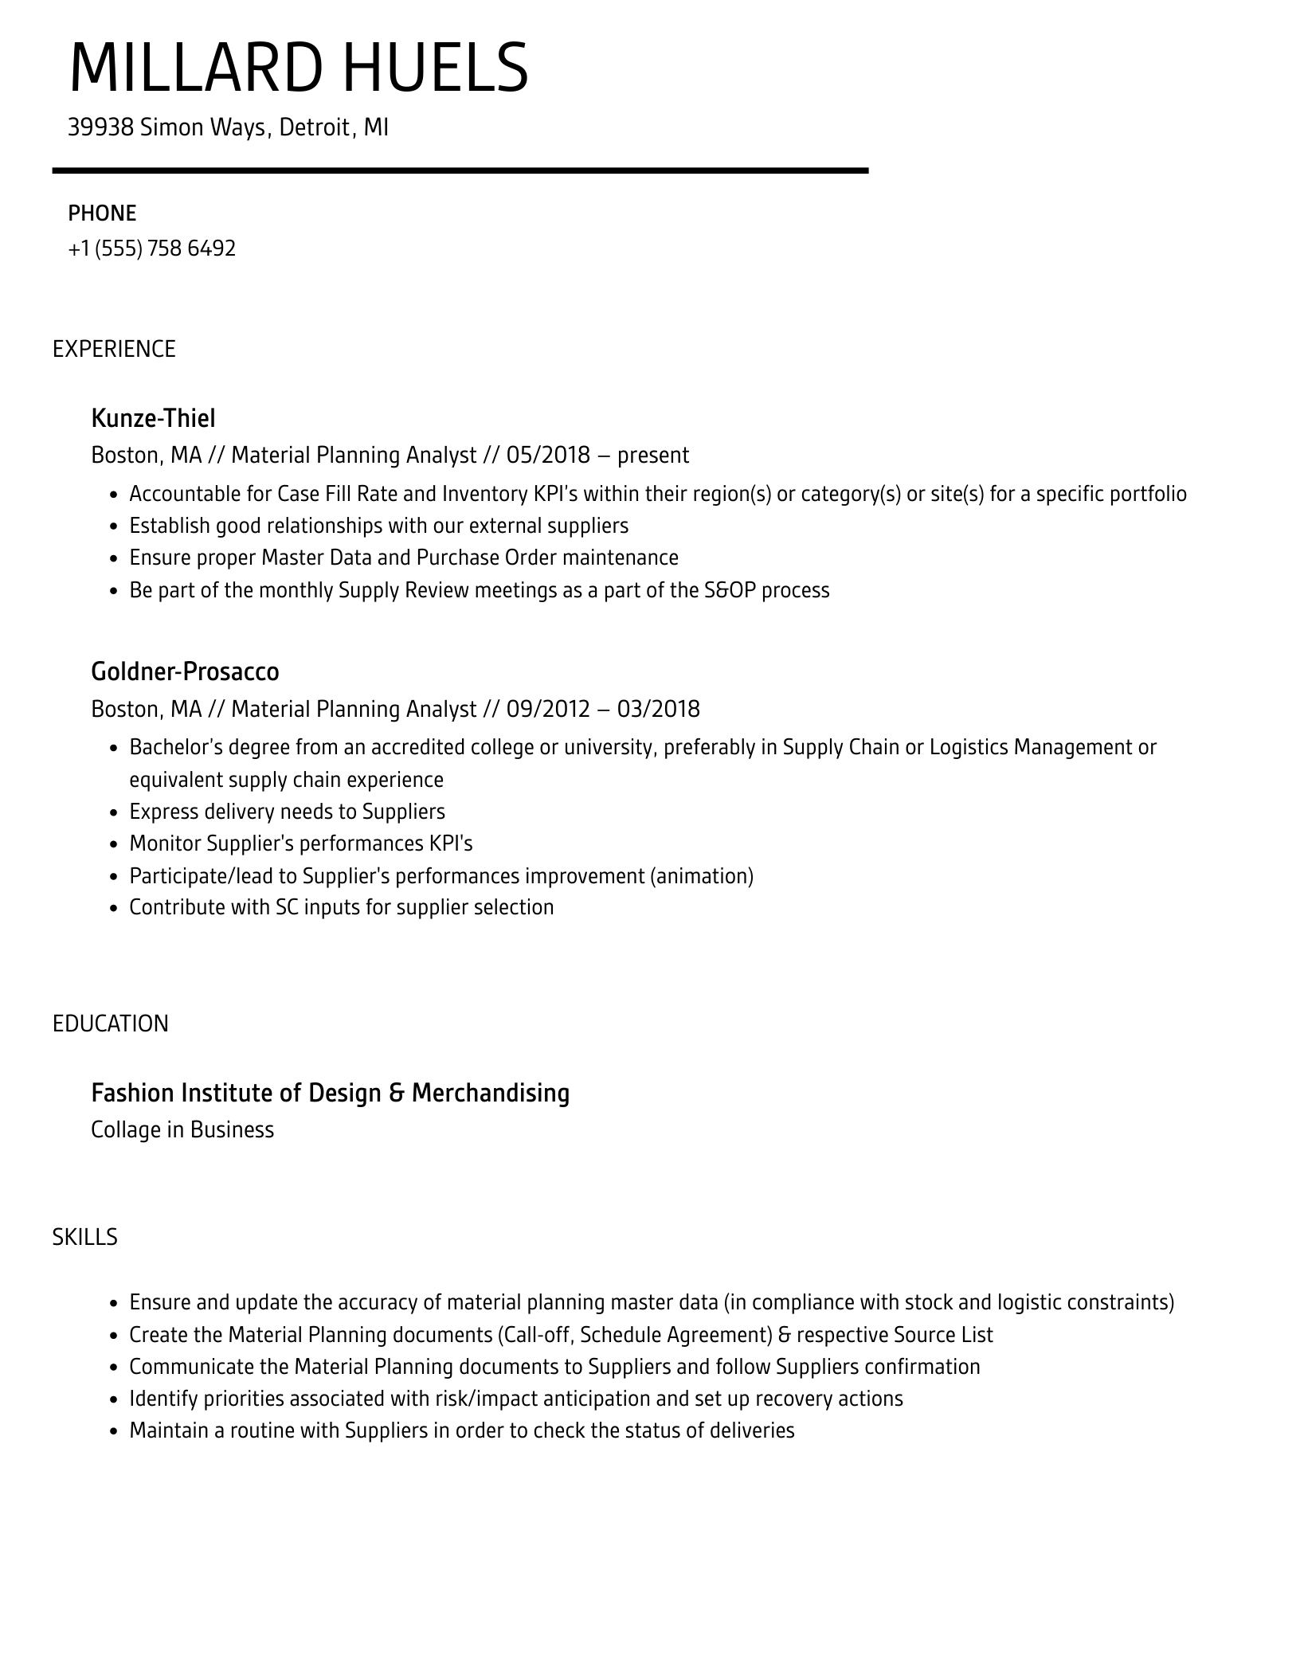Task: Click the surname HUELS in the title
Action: (x=437, y=68)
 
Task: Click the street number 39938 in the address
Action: (x=100, y=127)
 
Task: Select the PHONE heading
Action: (x=102, y=213)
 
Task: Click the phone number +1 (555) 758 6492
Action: (x=152, y=248)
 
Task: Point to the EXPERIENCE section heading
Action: (x=114, y=349)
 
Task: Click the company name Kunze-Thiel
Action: (x=153, y=418)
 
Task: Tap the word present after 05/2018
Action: (x=653, y=455)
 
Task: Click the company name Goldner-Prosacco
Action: (x=185, y=671)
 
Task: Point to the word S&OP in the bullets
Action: (x=730, y=590)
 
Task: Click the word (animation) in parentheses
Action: (x=702, y=876)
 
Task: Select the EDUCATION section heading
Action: (x=111, y=1023)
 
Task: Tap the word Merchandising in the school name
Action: (x=491, y=1093)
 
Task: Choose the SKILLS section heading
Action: (x=85, y=1237)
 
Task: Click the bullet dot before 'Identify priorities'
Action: (x=114, y=1399)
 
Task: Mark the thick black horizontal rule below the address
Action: (x=460, y=170)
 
